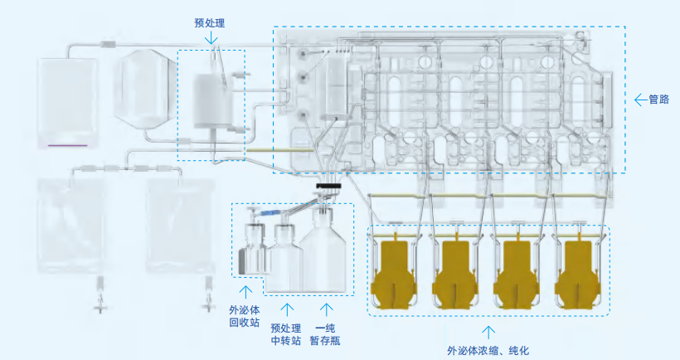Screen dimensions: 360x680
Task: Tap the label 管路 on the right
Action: (x=658, y=100)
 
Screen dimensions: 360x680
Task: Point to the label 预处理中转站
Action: (x=287, y=332)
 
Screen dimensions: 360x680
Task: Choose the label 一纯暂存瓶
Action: (x=329, y=332)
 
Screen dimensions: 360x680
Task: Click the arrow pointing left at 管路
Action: (x=639, y=100)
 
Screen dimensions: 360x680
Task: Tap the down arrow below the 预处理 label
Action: (x=213, y=38)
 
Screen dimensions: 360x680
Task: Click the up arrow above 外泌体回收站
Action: (x=245, y=290)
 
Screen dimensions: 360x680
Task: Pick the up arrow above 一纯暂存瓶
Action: (x=329, y=309)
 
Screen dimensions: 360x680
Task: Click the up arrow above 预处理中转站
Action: (x=287, y=309)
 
